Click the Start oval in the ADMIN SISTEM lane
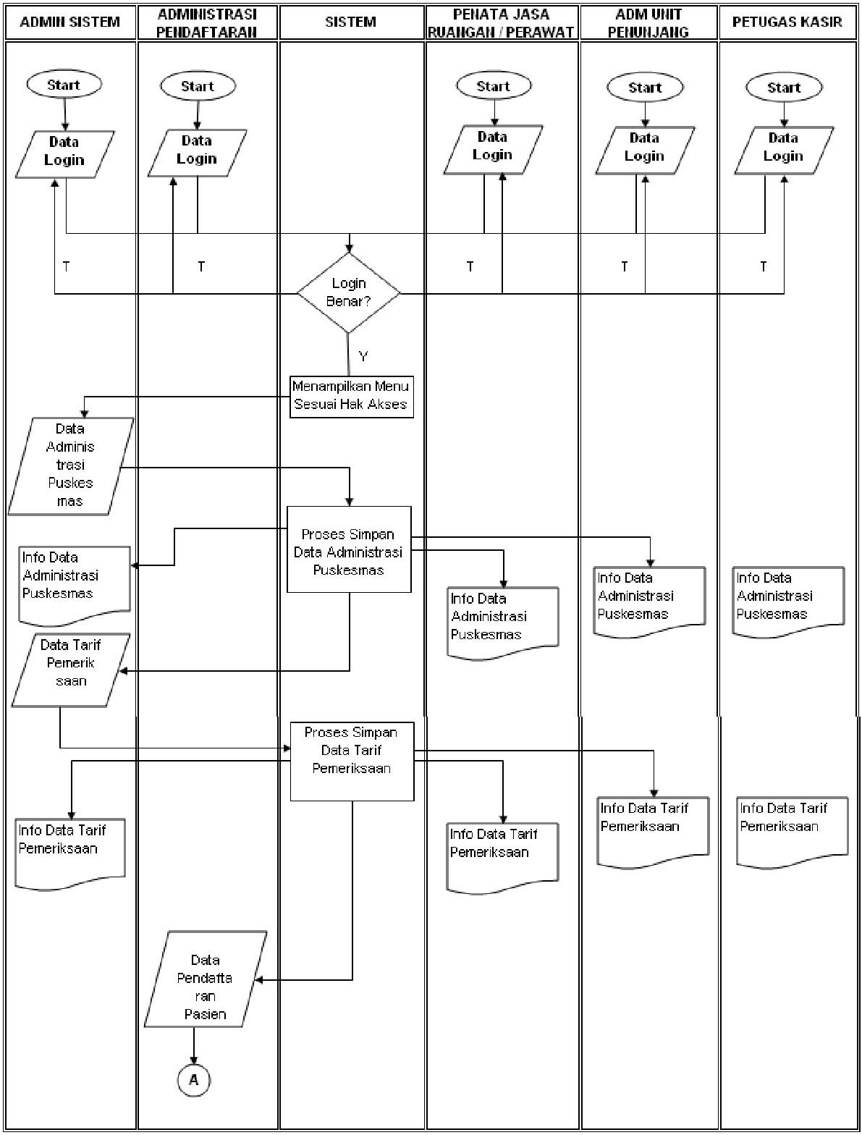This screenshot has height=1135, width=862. [64, 85]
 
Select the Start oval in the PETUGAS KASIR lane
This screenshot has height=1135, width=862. [784, 88]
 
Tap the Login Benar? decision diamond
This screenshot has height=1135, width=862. [349, 292]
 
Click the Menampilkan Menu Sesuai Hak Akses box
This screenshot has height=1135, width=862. [351, 396]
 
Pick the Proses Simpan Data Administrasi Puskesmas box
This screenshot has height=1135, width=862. [349, 549]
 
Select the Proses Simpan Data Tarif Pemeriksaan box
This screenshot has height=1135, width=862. [352, 760]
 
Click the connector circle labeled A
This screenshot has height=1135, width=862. [193, 1080]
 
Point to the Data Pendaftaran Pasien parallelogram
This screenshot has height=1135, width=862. [206, 979]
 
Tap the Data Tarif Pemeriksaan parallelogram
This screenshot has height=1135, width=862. [71, 670]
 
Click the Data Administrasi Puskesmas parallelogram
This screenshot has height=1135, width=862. [70, 465]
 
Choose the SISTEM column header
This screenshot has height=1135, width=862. [351, 22]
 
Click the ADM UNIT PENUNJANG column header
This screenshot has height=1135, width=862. [648, 22]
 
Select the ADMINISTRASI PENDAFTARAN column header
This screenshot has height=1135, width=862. [207, 22]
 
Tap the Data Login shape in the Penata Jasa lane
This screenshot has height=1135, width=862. [493, 150]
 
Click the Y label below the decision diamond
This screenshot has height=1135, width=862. [363, 357]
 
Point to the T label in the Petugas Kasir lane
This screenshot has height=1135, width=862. [763, 267]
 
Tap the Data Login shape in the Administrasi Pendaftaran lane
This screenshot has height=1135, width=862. [197, 153]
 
